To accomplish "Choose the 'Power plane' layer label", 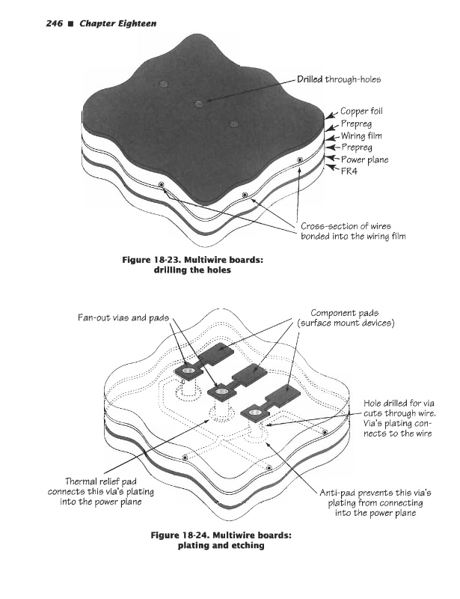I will pos(365,159).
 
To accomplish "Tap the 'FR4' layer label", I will pos(351,171).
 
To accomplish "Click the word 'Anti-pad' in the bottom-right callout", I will pos(339,493).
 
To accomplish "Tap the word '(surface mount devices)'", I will pos(345,323).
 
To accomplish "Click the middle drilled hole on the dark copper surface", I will pos(199,103).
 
